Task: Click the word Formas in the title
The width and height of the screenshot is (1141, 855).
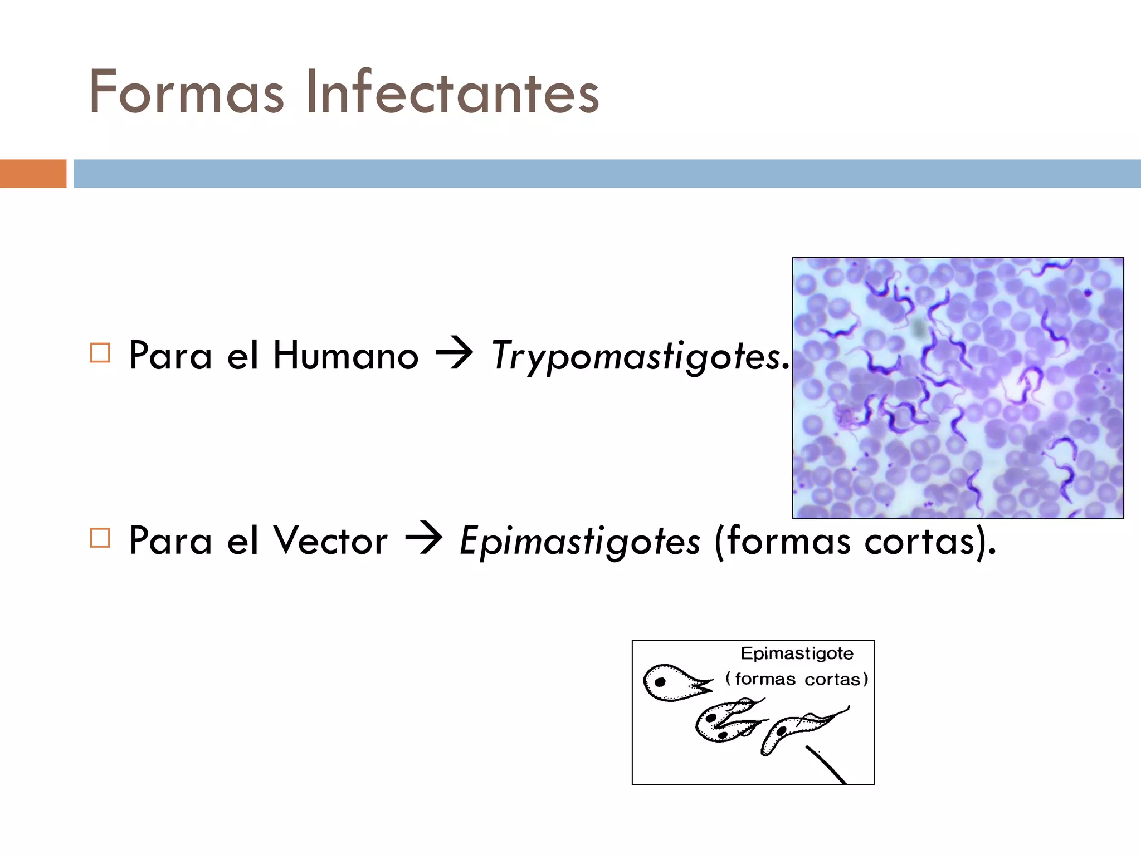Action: point(186,92)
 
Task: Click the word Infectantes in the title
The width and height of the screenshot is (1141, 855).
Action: point(452,92)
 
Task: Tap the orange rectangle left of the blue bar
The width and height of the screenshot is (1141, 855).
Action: point(33,174)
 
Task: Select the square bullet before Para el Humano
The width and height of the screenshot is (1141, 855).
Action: point(100,353)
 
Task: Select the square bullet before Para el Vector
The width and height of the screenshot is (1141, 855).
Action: point(100,538)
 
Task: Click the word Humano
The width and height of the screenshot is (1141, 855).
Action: point(345,356)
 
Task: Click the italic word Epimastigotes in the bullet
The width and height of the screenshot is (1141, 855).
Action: point(579,542)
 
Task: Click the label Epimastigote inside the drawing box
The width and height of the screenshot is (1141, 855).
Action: point(797,653)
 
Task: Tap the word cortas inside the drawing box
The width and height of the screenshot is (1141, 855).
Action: point(832,680)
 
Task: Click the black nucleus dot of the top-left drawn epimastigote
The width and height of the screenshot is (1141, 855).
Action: point(660,682)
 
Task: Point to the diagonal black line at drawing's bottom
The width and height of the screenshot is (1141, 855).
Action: point(827,765)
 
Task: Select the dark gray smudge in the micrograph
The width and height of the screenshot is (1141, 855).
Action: point(919,328)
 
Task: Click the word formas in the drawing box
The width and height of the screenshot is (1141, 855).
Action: point(765,680)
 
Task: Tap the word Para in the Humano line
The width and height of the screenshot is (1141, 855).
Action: point(170,356)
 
